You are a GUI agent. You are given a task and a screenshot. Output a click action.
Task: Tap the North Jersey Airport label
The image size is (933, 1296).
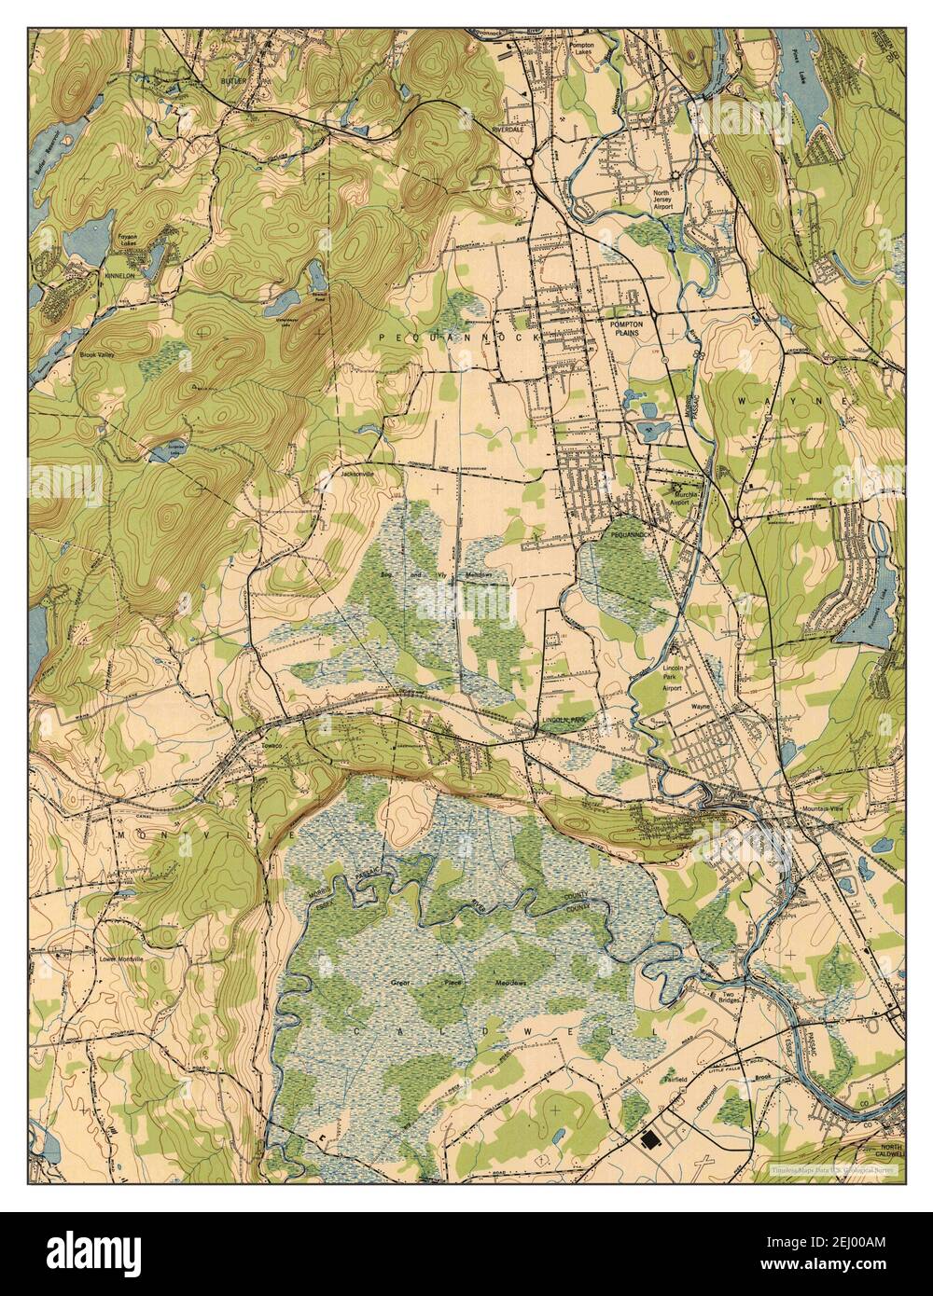click(661, 201)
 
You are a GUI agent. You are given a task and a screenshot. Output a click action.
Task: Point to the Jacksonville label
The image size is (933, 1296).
click(358, 474)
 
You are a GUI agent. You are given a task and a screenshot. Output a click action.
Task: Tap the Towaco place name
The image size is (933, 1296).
click(272, 746)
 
